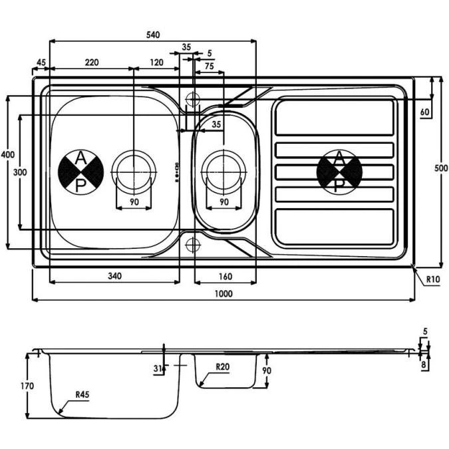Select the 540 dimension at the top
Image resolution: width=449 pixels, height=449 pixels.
click(x=153, y=35)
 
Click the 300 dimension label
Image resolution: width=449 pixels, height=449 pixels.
click(x=20, y=172)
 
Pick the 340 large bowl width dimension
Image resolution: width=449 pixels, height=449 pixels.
click(x=114, y=275)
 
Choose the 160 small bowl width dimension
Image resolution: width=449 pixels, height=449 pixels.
click(x=224, y=275)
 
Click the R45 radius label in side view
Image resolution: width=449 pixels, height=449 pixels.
click(x=81, y=394)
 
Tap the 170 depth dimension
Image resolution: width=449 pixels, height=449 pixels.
click(x=27, y=385)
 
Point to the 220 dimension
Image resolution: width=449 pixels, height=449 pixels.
click(x=92, y=63)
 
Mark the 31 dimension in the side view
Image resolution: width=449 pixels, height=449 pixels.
click(x=157, y=369)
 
